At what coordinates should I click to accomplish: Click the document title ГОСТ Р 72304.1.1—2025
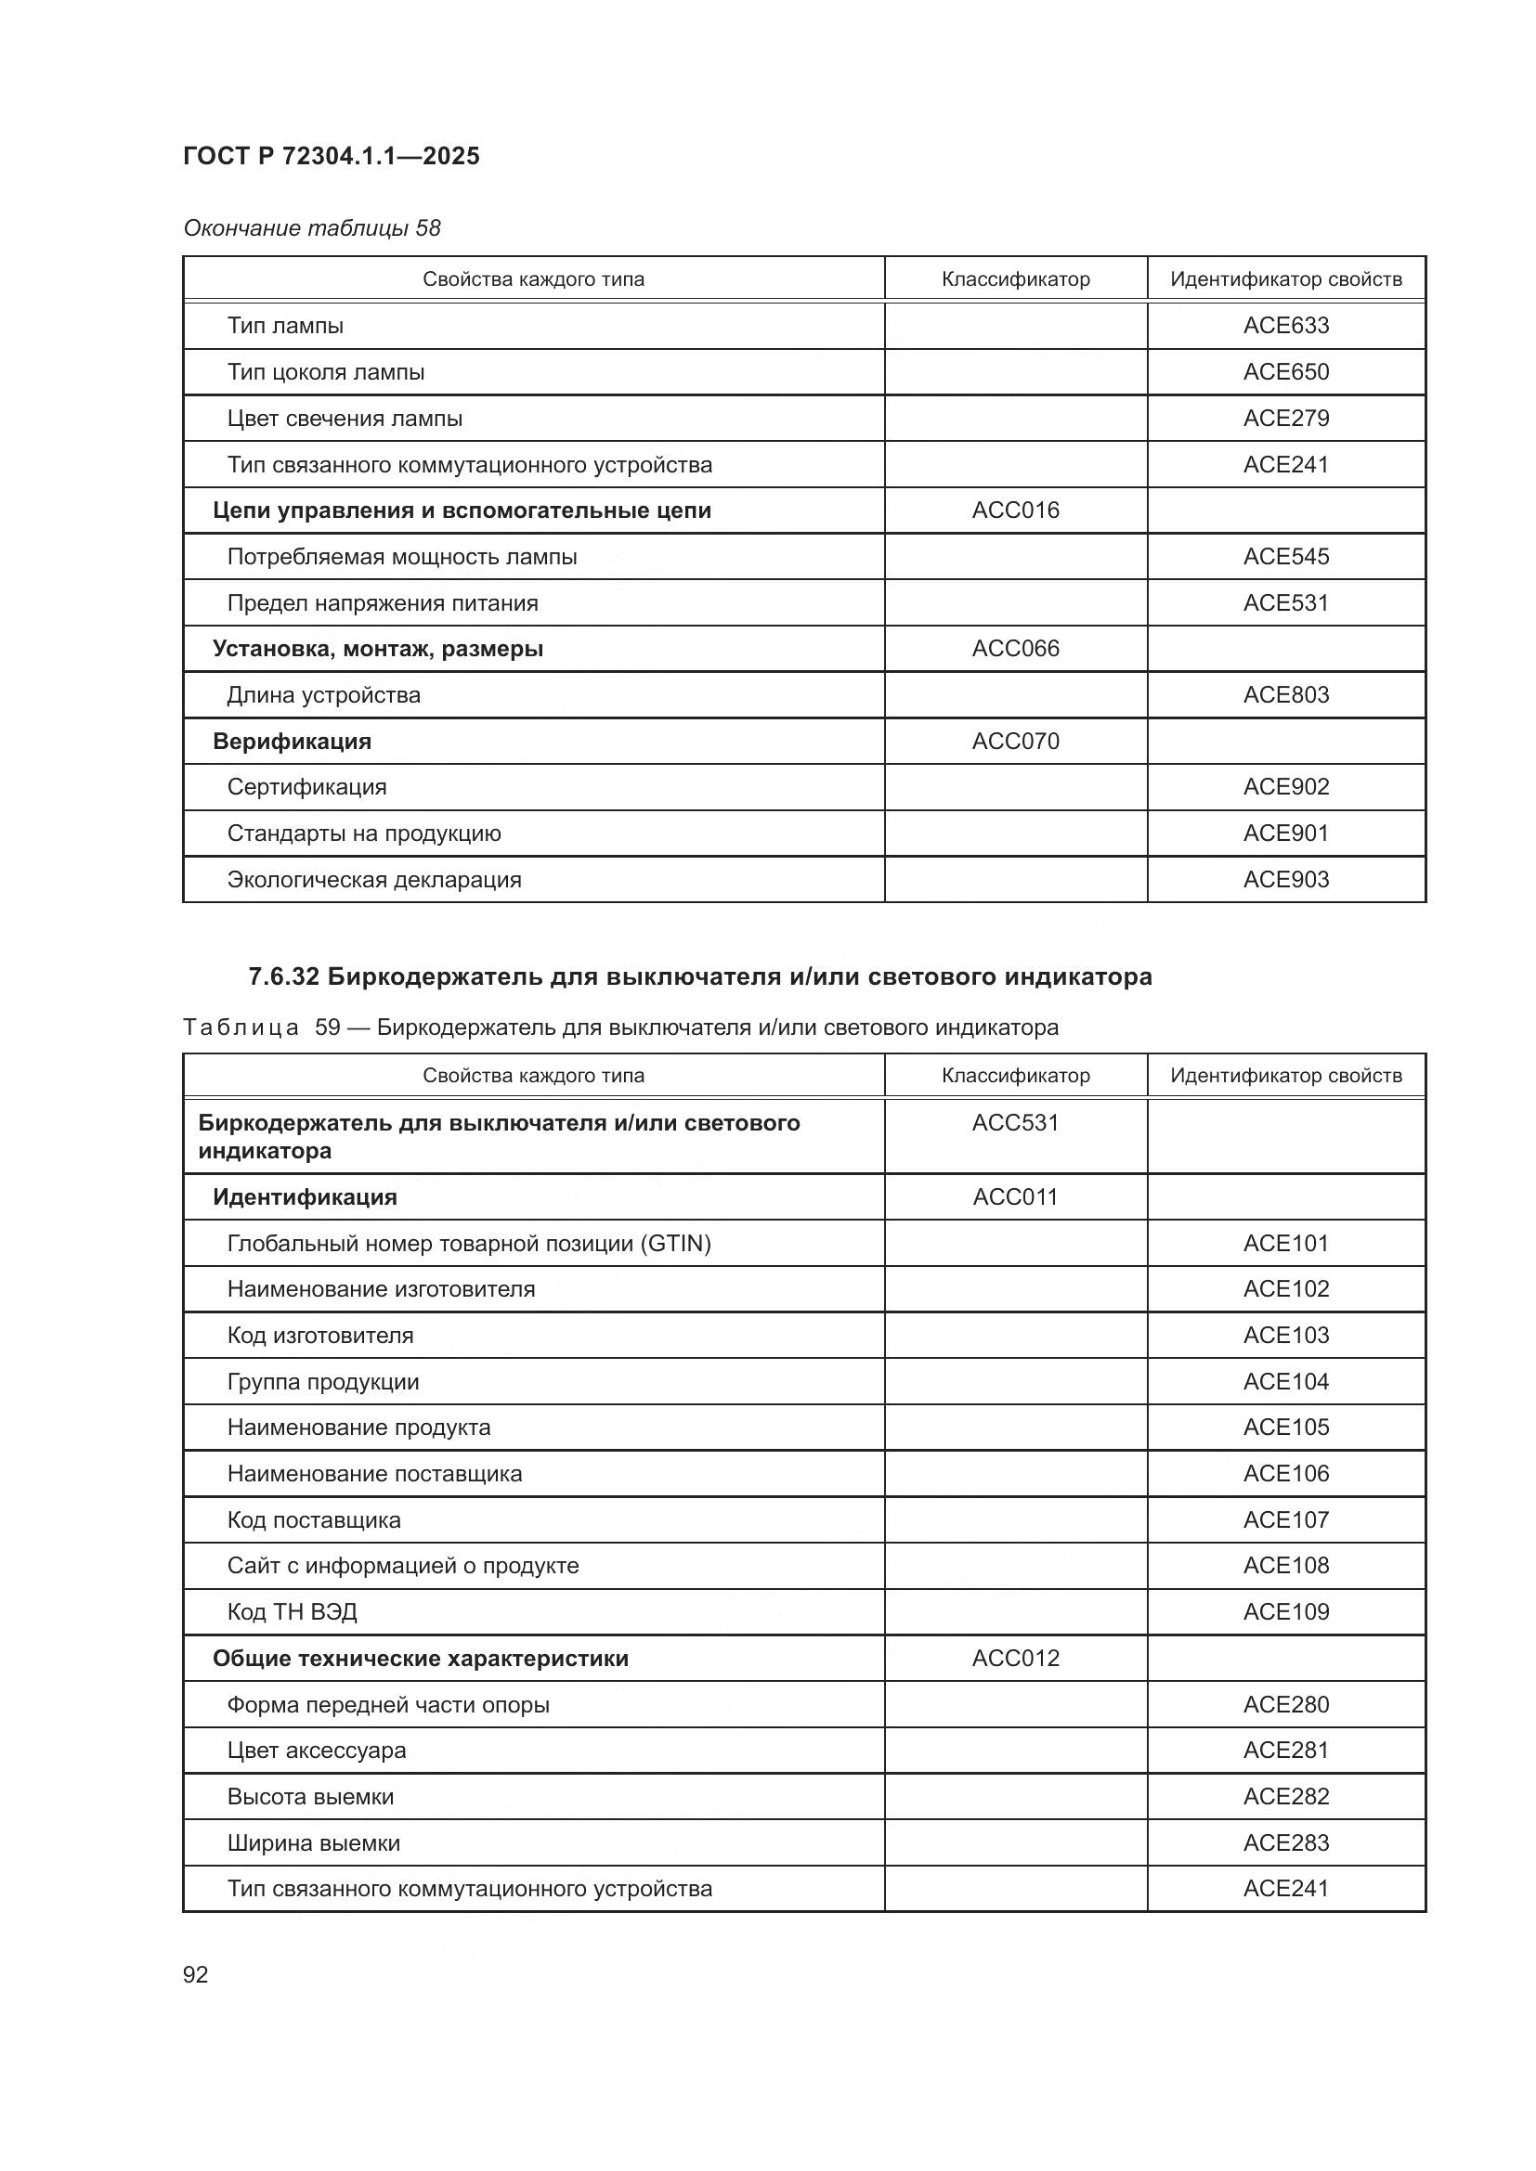point(331,156)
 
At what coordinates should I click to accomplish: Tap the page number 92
point(196,1974)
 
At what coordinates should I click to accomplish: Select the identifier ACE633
point(1285,325)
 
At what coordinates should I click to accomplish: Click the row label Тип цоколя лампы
point(325,371)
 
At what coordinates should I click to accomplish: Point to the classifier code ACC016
point(1015,510)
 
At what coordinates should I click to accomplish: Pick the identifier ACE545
point(1285,557)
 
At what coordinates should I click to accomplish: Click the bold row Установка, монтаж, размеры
point(377,649)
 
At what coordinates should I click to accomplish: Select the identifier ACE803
point(1285,695)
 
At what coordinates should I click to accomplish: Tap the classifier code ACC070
point(1015,742)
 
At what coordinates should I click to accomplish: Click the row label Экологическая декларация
point(373,880)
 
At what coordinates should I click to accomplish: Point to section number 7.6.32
point(284,976)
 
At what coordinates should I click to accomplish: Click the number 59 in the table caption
point(327,1027)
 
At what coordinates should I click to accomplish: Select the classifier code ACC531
point(1015,1122)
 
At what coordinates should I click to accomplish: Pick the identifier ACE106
point(1285,1473)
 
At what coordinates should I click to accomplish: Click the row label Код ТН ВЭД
point(292,1612)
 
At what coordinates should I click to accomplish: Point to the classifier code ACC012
point(1015,1659)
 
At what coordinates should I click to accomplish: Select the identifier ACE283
point(1285,1843)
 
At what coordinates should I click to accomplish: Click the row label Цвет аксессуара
point(316,1751)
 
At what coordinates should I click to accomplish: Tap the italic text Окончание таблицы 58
point(311,228)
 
